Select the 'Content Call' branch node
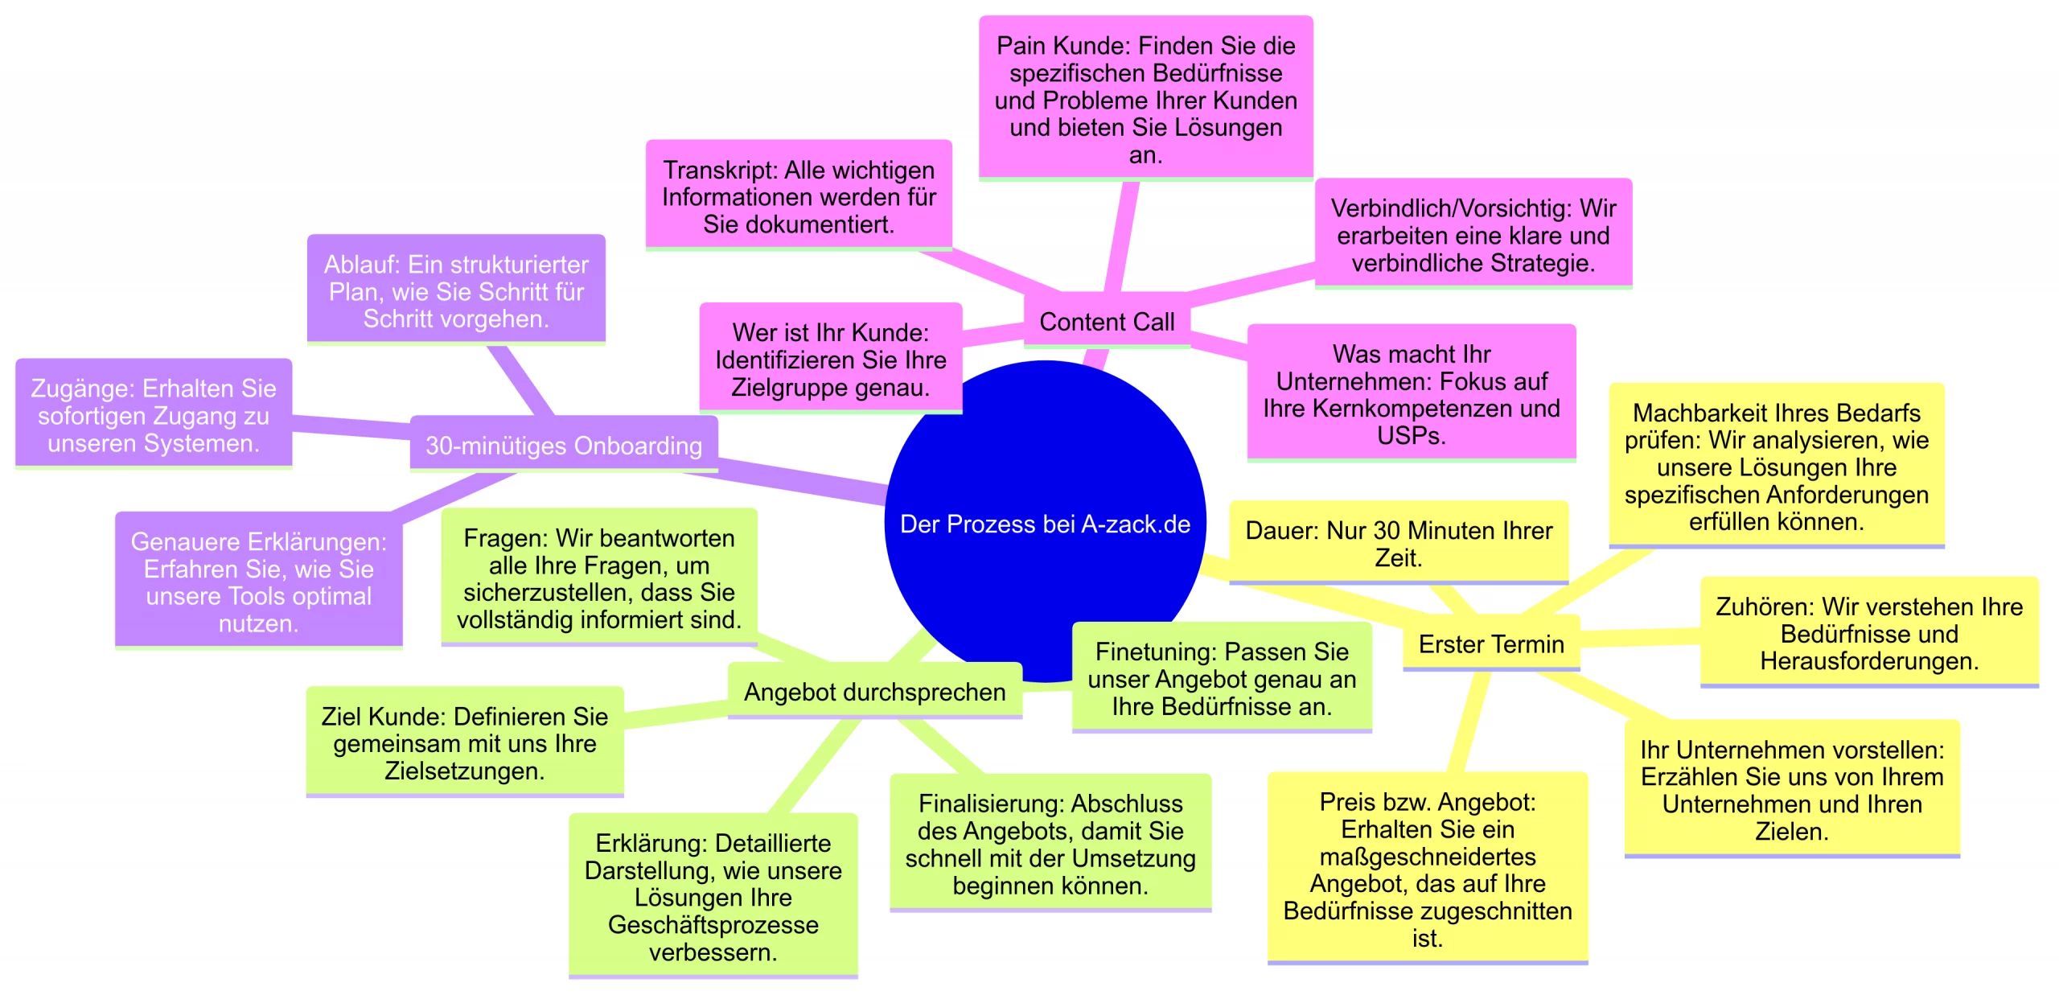point(1107,322)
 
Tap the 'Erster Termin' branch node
point(1490,644)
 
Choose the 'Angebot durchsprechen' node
point(874,692)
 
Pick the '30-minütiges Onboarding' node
point(563,445)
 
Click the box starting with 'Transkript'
point(799,197)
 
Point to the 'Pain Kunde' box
point(1145,100)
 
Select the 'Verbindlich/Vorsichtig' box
point(1473,235)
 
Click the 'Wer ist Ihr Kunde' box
point(830,360)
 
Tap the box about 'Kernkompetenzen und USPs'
point(1411,394)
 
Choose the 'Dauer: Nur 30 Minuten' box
point(1398,544)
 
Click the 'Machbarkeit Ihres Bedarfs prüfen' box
point(1776,467)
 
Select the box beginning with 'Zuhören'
point(1868,634)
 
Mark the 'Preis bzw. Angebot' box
point(1427,870)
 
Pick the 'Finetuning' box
point(1221,679)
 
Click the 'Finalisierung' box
point(1050,845)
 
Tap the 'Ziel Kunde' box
point(464,743)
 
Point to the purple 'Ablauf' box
point(456,291)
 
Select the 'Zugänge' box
point(153,416)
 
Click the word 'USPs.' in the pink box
point(1411,436)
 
